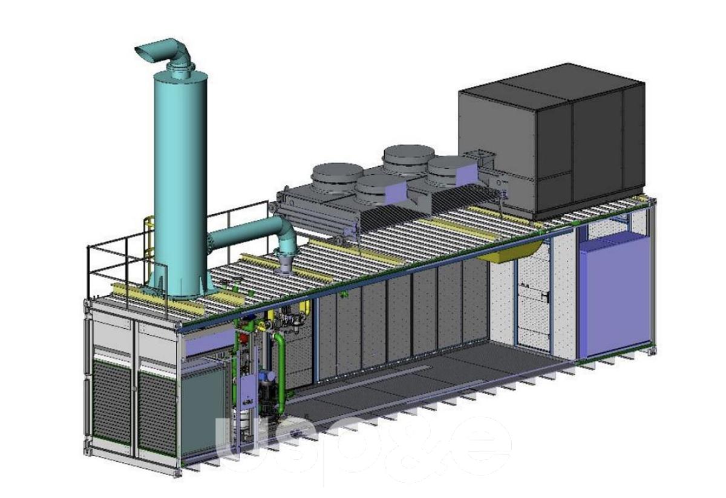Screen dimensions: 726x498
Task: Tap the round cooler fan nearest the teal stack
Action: click(x=337, y=179)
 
